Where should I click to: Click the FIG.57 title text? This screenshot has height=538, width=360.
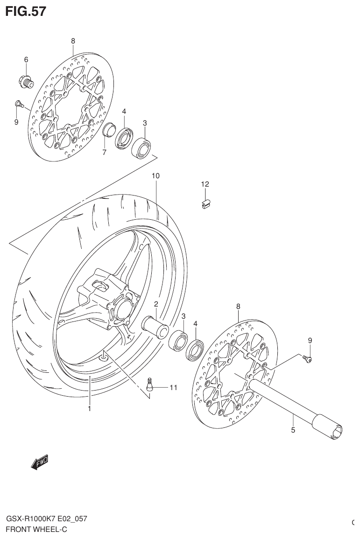(26, 11)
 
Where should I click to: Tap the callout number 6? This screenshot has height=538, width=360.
(26, 59)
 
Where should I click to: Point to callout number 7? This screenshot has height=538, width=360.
(104, 152)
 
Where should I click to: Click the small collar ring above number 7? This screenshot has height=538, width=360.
(109, 130)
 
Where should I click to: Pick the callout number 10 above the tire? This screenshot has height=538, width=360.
(155, 176)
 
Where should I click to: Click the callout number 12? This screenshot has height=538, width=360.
(205, 184)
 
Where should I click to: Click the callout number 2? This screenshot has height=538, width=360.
(156, 304)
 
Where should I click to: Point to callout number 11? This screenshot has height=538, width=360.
(173, 387)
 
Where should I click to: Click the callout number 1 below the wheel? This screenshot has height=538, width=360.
(89, 409)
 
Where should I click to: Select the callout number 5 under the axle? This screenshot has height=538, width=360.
(293, 430)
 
